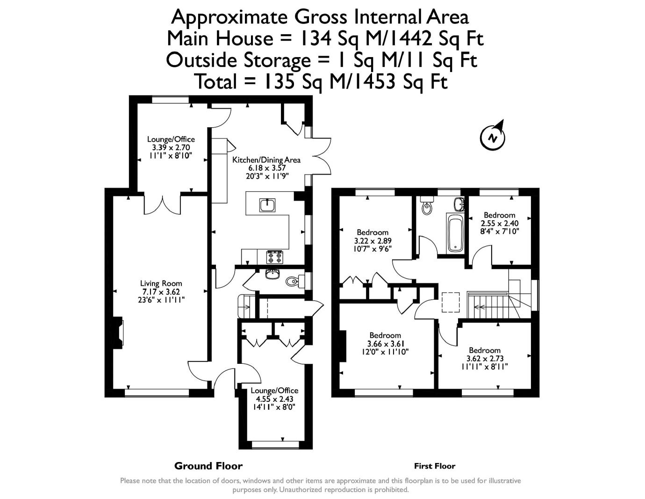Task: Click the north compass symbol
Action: point(493,137)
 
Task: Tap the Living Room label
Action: point(161,283)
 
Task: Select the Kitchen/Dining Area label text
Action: point(266,160)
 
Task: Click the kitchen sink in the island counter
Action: point(267,205)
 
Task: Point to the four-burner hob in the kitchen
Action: point(274,257)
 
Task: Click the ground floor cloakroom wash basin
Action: point(272,275)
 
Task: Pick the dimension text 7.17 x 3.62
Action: point(161,292)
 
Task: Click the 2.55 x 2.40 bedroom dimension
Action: point(499,223)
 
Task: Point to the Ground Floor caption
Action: point(208,466)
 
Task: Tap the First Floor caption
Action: point(435,466)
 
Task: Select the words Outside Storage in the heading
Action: point(238,60)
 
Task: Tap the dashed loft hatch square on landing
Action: point(451,302)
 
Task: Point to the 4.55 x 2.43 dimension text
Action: point(274,398)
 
